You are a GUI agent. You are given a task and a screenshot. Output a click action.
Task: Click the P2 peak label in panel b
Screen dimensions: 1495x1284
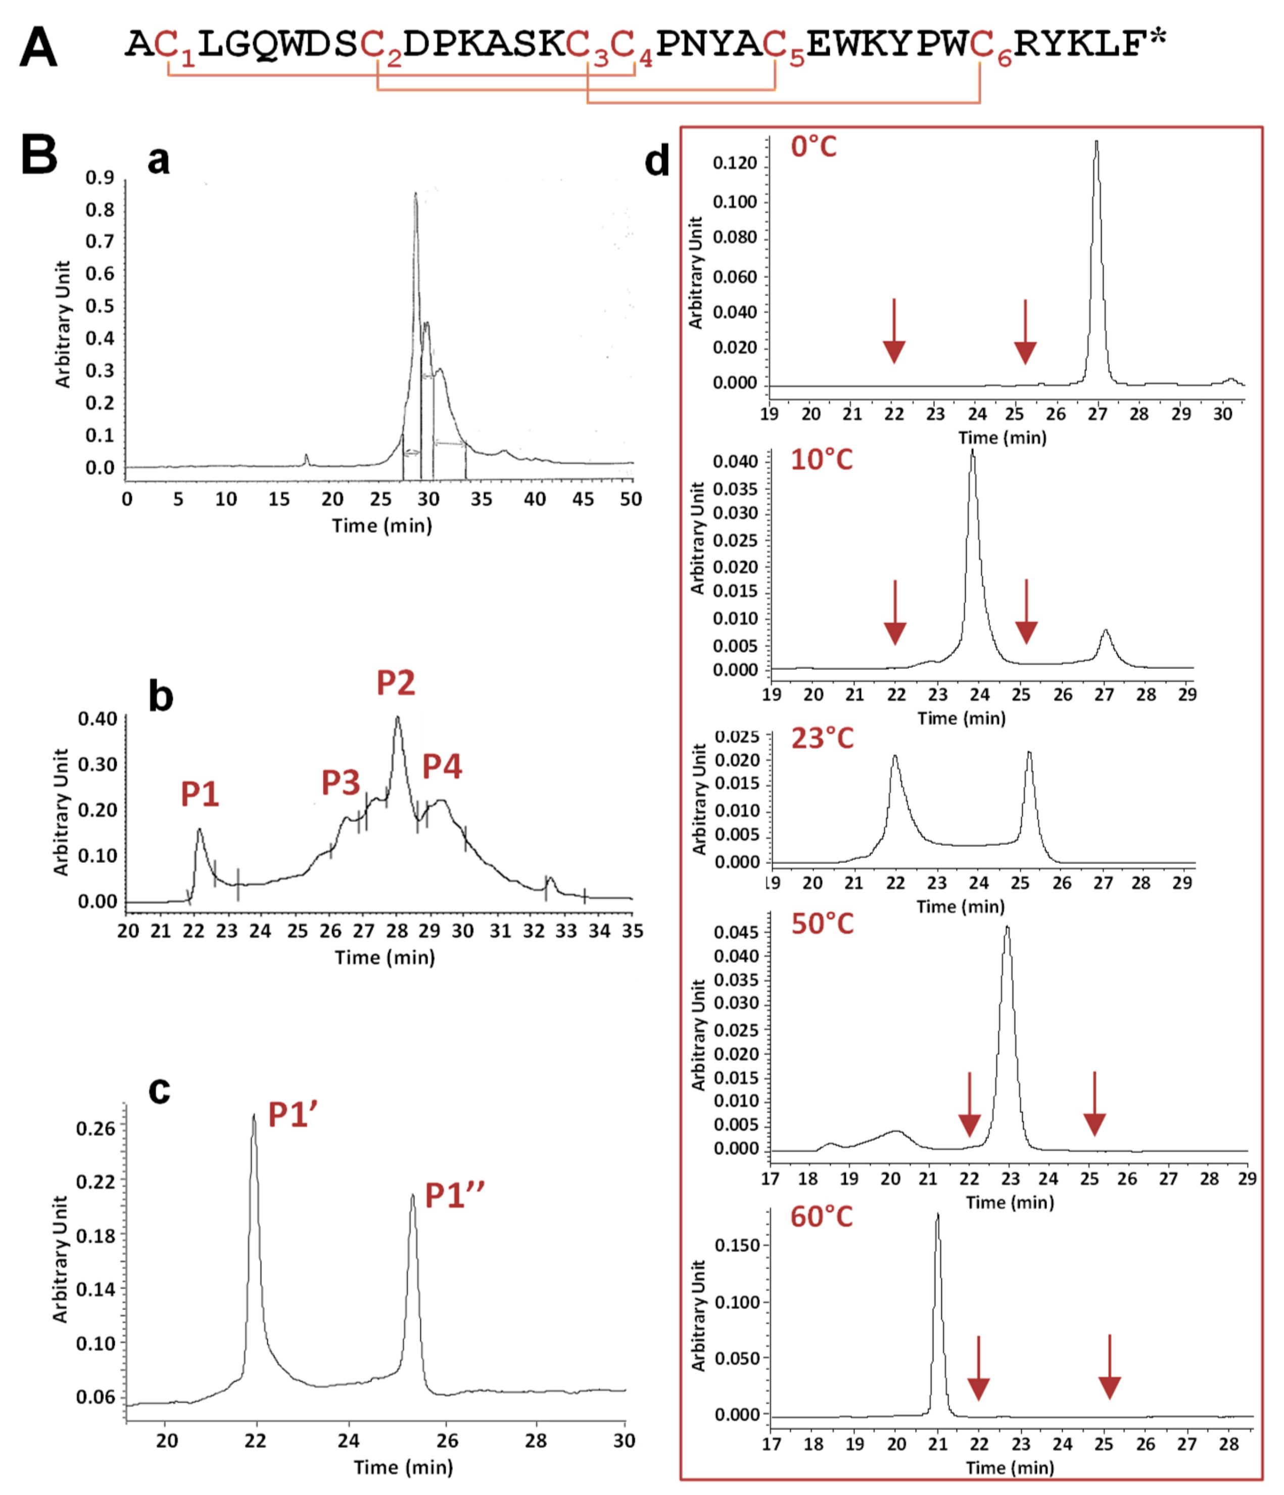click(396, 682)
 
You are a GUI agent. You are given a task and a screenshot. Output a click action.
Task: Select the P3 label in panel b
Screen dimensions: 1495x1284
click(341, 782)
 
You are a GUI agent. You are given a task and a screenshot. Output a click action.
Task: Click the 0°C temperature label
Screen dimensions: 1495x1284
click(814, 147)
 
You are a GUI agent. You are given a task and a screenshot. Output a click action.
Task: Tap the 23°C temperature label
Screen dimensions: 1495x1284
click(822, 738)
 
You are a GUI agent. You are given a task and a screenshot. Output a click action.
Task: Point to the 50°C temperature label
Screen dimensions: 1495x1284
click(822, 924)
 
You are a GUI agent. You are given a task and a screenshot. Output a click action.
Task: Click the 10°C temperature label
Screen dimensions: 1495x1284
click(821, 460)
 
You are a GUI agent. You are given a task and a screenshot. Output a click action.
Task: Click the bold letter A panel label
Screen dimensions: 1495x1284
click(38, 47)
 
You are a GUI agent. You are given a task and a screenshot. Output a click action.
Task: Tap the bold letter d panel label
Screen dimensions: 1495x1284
click(657, 160)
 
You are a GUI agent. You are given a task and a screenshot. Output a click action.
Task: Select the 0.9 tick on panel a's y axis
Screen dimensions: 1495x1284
click(100, 177)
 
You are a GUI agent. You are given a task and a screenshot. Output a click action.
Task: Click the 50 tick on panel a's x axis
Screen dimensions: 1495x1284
click(631, 499)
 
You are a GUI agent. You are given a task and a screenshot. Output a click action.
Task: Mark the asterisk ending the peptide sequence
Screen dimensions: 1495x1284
click(1158, 37)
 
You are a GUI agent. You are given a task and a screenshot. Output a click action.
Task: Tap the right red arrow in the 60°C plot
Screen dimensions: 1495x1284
click(1109, 1367)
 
